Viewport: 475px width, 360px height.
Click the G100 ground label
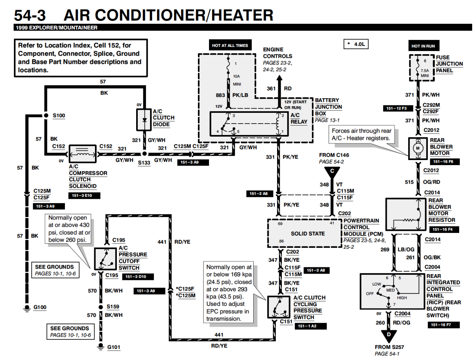tap(40, 307)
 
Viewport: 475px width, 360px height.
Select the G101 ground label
tap(114, 347)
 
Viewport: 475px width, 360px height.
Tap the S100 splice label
tap(58, 116)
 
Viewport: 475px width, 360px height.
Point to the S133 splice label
tap(144, 162)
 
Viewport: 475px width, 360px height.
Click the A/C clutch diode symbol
tap(144, 119)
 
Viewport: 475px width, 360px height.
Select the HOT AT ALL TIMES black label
tap(230, 46)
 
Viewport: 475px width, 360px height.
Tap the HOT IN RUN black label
tap(423, 46)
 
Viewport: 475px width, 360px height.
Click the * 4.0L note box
tap(356, 44)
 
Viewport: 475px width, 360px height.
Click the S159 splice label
tap(113, 307)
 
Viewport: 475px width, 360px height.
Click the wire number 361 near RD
tap(271, 88)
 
